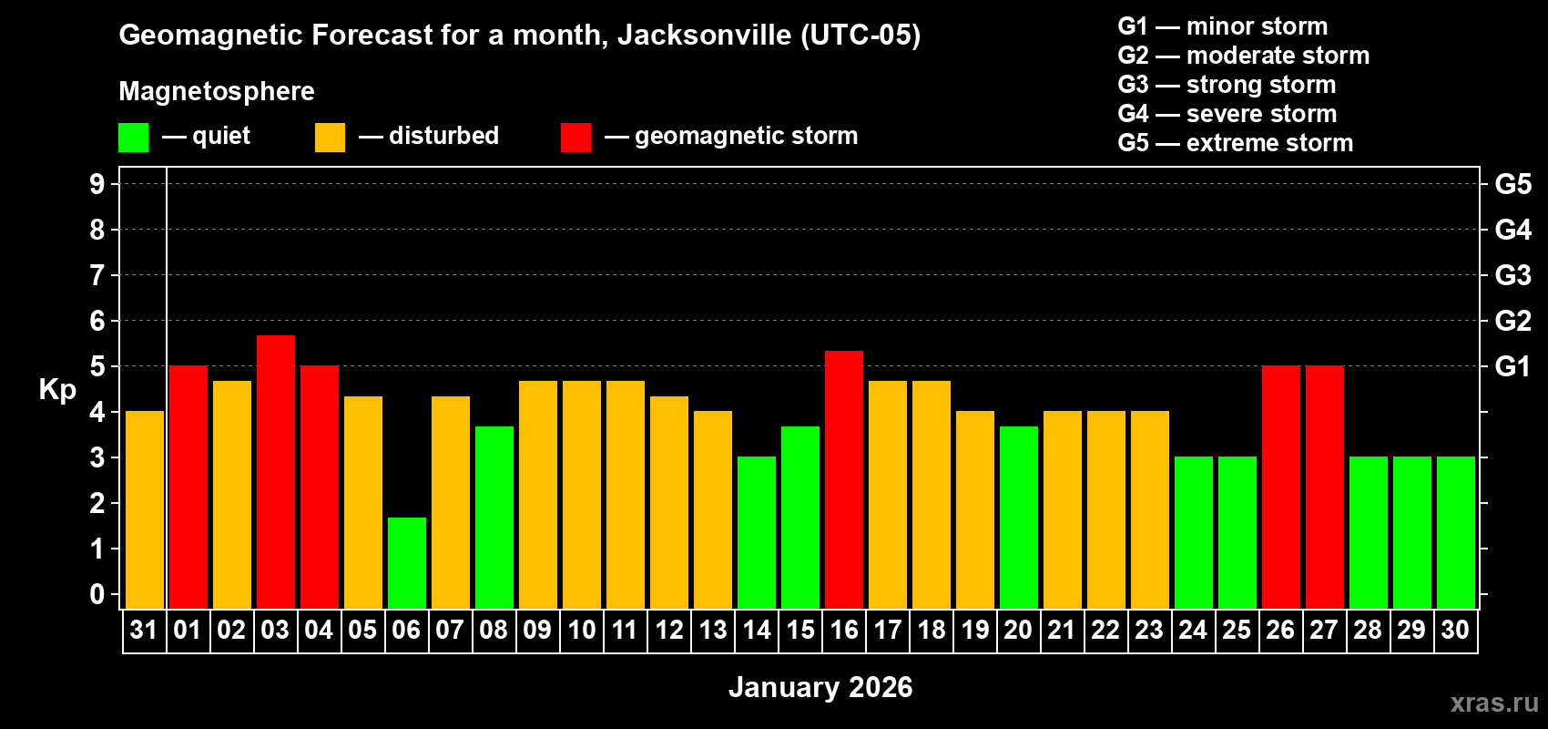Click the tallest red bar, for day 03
275,471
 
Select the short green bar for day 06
406,562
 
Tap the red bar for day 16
843,479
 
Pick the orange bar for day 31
144,509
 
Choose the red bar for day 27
1324,487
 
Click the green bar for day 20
1018,517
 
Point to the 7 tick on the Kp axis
97,275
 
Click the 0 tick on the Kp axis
97,594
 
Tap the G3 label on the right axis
1512,275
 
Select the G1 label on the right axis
1512,366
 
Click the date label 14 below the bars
756,630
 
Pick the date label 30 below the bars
1455,630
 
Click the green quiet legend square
133,138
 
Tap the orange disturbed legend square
330,138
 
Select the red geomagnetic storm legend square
575,138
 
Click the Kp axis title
57,389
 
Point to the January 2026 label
820,687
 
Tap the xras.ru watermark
1493,703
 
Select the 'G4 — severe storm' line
1227,114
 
